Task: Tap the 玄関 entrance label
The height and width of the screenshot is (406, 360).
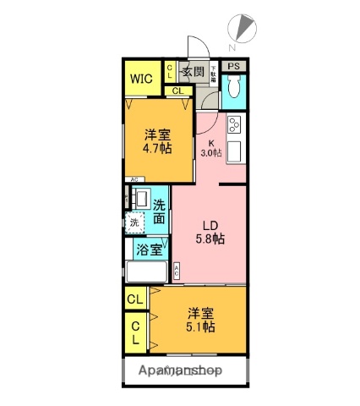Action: point(193,73)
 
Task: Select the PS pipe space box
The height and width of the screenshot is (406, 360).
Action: point(233,67)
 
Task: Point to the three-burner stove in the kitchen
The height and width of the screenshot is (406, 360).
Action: point(235,129)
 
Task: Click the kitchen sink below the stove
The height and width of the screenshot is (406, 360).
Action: point(236,153)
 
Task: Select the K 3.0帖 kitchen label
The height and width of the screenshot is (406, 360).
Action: point(211,148)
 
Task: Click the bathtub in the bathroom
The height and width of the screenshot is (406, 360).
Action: point(148,272)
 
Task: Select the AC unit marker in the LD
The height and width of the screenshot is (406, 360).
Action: point(177,272)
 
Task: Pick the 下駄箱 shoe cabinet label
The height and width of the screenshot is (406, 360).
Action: point(214,72)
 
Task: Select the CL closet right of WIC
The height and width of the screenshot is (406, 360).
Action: point(170,72)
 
